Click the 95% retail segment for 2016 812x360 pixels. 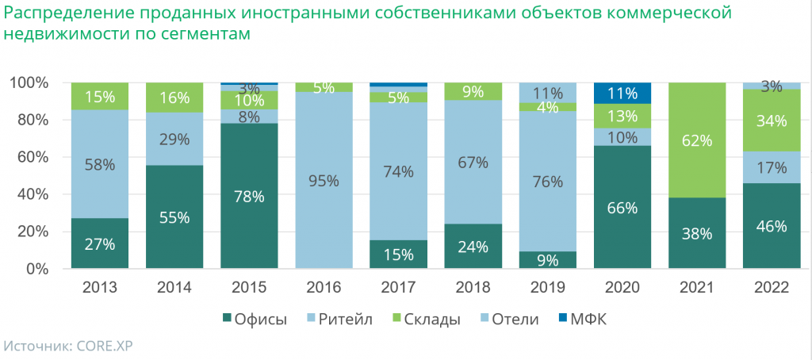[324, 180]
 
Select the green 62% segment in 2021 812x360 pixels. [697, 140]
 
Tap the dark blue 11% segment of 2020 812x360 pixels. [622, 93]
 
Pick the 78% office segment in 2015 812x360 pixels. [250, 196]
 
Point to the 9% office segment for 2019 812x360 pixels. [548, 259]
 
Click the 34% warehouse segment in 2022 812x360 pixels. [772, 121]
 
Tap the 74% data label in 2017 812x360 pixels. [399, 170]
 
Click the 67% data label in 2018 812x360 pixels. [473, 163]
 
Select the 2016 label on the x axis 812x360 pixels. [324, 288]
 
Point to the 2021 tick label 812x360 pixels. [697, 288]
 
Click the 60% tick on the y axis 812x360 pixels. [36, 157]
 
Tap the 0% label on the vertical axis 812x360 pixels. [40, 269]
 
